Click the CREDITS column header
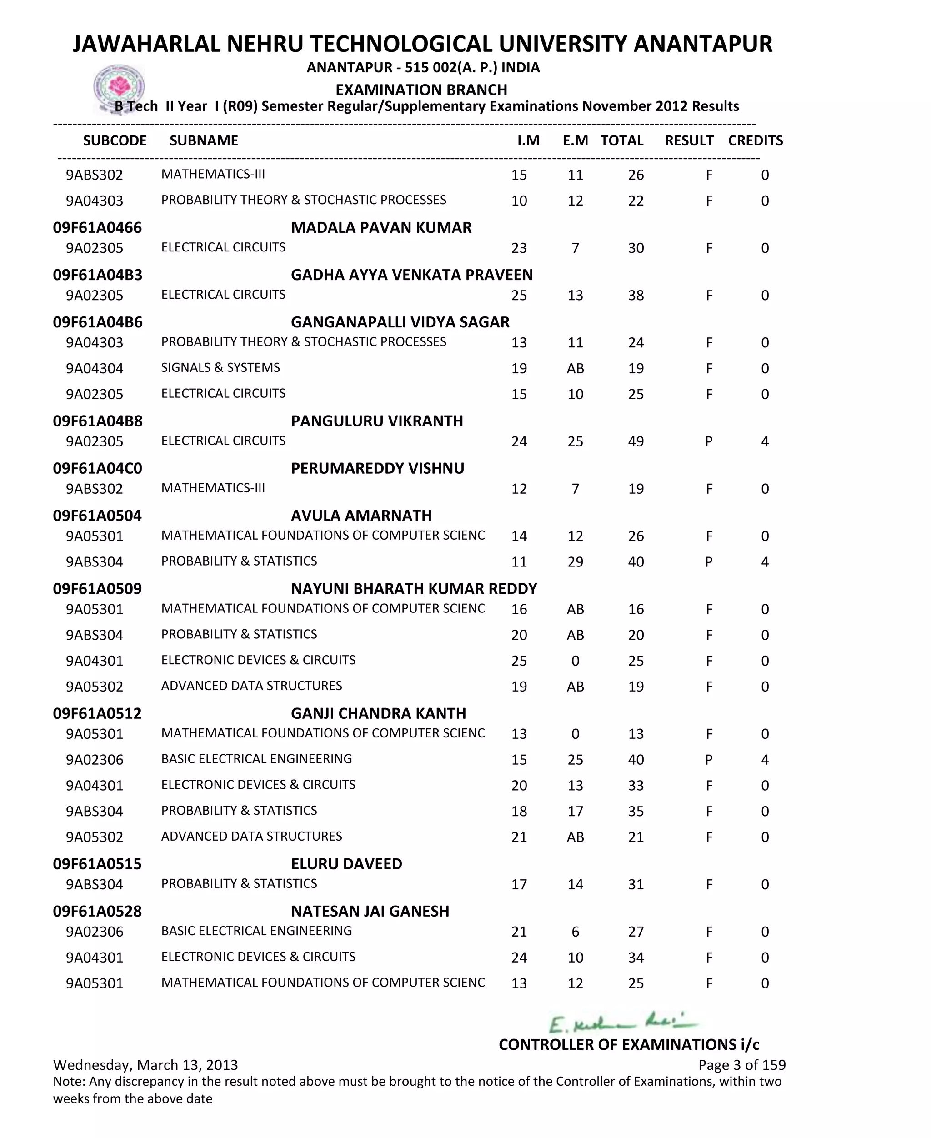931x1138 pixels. point(755,140)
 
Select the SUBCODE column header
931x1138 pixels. point(115,140)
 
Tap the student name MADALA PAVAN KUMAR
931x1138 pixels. point(381,227)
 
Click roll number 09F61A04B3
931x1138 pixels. point(98,275)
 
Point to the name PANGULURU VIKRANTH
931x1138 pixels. point(377,421)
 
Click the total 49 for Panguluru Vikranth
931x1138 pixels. point(636,441)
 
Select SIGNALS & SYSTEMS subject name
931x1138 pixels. point(220,368)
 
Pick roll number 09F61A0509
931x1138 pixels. point(97,589)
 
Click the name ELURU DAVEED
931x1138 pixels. point(346,864)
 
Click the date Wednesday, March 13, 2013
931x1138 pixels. point(145,1064)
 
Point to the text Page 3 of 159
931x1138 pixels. point(742,1064)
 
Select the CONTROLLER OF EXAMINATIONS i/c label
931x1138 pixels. point(629,1044)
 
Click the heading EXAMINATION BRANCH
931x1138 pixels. point(421,90)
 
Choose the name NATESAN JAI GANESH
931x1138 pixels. point(370,911)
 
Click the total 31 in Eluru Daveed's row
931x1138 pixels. point(636,884)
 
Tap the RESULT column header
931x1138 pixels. point(689,140)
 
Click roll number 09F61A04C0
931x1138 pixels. point(98,468)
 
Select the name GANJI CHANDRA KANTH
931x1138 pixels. point(379,713)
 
